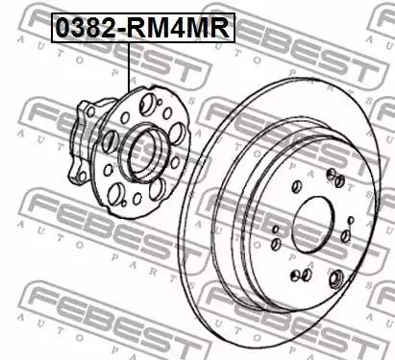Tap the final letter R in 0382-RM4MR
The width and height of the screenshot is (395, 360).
click(220, 28)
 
